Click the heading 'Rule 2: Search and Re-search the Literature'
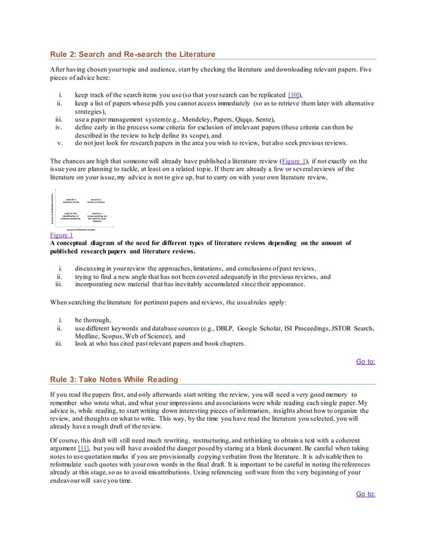[x=133, y=54]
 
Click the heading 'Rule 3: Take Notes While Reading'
[x=114, y=380]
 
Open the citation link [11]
[x=84, y=448]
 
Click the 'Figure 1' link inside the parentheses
[x=294, y=161]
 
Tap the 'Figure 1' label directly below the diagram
[x=62, y=235]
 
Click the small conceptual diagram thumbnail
[x=79, y=210]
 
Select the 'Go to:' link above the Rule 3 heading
[x=365, y=362]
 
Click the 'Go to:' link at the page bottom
[x=365, y=493]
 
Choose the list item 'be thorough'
[x=94, y=320]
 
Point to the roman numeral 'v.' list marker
[x=60, y=142]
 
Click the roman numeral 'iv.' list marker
[x=59, y=127]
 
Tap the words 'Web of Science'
[x=154, y=336]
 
